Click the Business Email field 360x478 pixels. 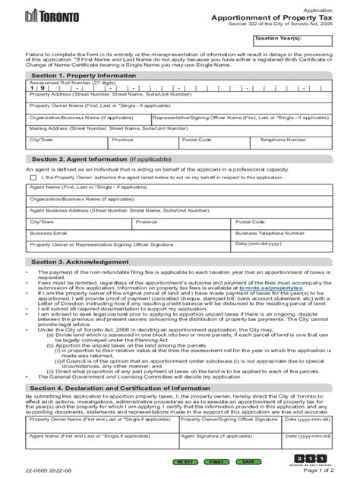129,236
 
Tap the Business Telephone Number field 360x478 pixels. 286,236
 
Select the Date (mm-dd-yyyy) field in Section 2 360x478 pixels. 286,247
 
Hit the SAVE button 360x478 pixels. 248,461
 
